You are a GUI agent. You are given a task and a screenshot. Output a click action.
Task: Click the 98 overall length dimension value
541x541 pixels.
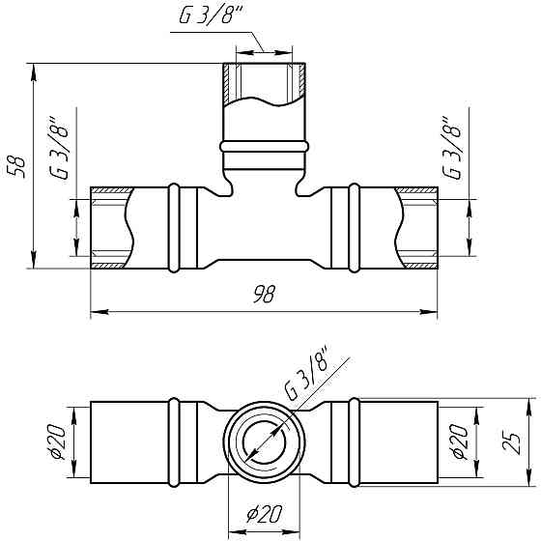click(x=265, y=295)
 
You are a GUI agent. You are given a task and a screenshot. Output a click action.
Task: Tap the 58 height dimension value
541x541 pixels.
click(x=17, y=167)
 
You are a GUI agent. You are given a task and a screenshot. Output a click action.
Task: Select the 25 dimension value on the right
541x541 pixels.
click(x=512, y=442)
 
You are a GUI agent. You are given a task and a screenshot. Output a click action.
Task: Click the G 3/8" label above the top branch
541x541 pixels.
click(x=212, y=14)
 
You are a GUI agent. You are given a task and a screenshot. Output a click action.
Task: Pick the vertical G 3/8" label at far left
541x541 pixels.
click(x=59, y=148)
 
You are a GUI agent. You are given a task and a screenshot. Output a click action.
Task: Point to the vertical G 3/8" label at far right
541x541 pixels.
click(x=452, y=148)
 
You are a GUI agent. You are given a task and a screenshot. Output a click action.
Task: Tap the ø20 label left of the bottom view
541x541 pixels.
click(x=56, y=442)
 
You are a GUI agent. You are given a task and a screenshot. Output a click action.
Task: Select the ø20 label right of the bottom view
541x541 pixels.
click(x=459, y=442)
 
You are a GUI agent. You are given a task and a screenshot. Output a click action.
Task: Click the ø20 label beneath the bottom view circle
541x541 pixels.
click(x=265, y=514)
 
